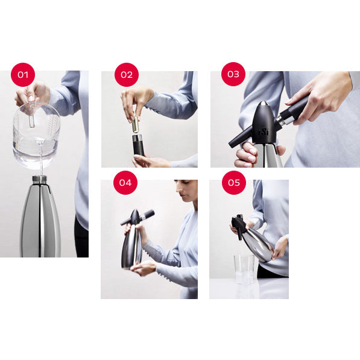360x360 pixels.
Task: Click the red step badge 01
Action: pos(23,75)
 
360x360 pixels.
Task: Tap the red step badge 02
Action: pos(126,75)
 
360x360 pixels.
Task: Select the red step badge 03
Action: pos(233,75)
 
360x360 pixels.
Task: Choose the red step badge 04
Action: pos(125,182)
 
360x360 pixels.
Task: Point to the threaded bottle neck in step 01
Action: pos(40,180)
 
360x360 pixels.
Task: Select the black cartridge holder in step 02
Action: pos(138,147)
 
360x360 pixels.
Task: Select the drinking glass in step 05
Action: pos(244,268)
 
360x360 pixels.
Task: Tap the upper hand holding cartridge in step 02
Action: pos(136,99)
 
